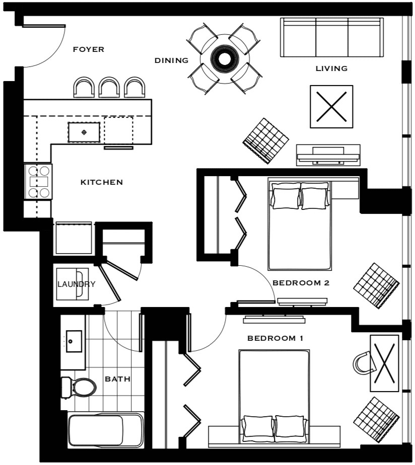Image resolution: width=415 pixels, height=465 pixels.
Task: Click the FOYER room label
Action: [x=89, y=49]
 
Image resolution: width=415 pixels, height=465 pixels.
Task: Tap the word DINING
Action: [x=172, y=60]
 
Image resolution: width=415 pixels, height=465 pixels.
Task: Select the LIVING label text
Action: [x=331, y=68]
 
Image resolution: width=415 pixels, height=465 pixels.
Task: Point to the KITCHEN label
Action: [x=102, y=182]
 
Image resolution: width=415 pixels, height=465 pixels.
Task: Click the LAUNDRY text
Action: [x=76, y=284]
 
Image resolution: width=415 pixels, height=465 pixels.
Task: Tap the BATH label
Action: [x=117, y=379]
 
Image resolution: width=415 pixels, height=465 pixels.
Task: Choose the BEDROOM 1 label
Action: [x=275, y=338]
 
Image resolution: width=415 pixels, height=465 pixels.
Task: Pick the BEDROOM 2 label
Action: [x=301, y=283]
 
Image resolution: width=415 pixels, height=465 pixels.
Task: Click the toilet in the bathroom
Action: [x=79, y=387]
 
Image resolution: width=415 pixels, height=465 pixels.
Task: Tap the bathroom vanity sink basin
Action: [x=74, y=341]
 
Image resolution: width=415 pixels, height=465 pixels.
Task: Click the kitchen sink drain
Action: [x=84, y=132]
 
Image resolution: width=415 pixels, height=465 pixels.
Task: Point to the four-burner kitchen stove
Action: [x=38, y=182]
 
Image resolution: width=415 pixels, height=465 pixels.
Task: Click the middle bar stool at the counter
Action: [x=109, y=87]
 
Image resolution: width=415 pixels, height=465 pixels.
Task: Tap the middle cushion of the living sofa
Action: [x=332, y=37]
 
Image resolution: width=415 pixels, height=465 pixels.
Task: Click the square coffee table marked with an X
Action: [x=331, y=107]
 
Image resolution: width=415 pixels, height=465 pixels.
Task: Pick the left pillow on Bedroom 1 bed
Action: [x=258, y=426]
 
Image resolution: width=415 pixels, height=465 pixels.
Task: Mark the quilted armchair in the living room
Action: [x=266, y=141]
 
